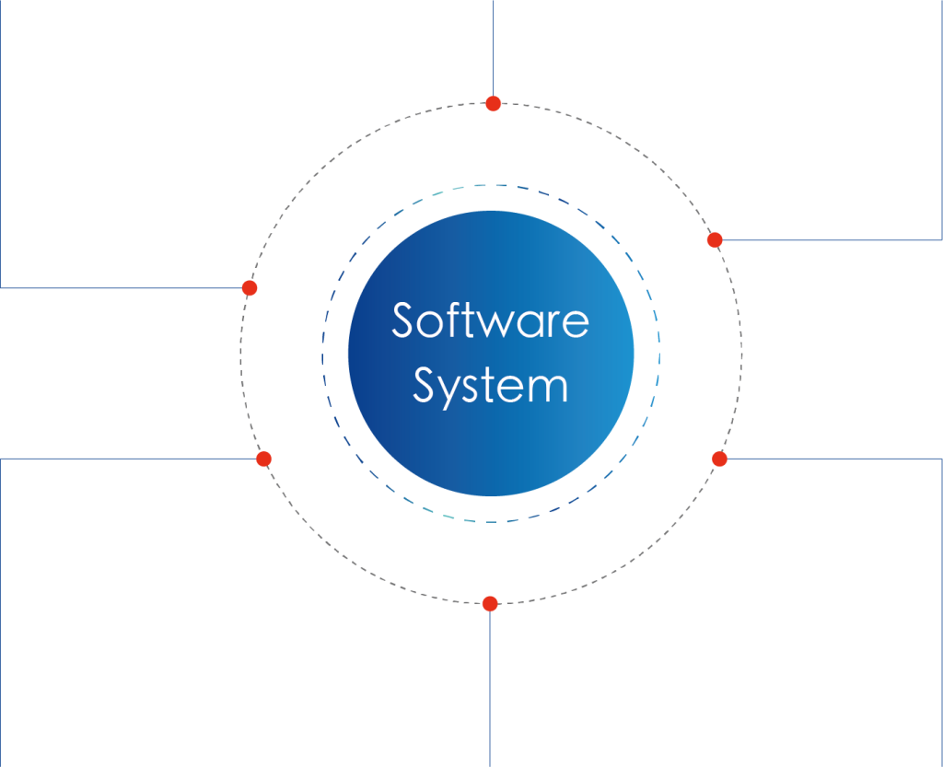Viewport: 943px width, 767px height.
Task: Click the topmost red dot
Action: click(494, 103)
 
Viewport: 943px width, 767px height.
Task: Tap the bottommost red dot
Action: click(490, 603)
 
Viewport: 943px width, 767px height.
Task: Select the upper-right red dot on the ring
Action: click(715, 239)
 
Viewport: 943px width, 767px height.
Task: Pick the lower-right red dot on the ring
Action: click(719, 459)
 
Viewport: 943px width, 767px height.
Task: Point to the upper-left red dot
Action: click(250, 288)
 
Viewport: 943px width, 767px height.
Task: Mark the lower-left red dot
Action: click(263, 459)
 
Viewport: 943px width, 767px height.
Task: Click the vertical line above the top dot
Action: click(494, 48)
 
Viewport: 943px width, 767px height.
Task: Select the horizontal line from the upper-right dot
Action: click(832, 239)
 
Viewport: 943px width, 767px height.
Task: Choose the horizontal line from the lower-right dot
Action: click(834, 459)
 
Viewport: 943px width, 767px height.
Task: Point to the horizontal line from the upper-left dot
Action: click(122, 288)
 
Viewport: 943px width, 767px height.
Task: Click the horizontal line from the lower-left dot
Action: click(128, 459)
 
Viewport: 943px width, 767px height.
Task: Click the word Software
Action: click(490, 320)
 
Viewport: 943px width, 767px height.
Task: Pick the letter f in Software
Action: click(453, 319)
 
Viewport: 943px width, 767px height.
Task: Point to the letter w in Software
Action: click(498, 325)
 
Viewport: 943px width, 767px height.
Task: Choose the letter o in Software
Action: click(431, 325)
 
